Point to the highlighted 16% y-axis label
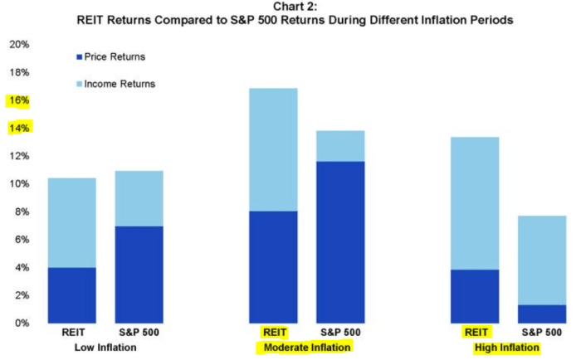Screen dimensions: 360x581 pos(18,100)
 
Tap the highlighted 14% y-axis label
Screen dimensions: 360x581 pos(18,129)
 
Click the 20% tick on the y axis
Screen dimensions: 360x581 pos(18,44)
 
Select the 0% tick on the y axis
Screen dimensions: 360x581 pos(22,323)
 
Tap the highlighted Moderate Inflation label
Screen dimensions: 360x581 pos(305,348)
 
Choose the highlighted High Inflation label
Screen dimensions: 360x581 pos(506,348)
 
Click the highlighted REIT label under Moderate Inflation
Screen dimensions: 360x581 pos(273,333)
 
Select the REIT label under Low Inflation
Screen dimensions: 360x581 pos(71,333)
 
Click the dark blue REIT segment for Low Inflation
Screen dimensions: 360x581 pos(71,294)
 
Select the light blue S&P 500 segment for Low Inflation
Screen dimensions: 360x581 pos(139,198)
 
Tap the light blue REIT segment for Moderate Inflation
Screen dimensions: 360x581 pos(273,149)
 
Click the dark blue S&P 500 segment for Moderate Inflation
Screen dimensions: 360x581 pos(340,241)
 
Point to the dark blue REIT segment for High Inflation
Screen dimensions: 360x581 pos(474,295)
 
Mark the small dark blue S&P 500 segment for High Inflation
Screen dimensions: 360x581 pos(541,314)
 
